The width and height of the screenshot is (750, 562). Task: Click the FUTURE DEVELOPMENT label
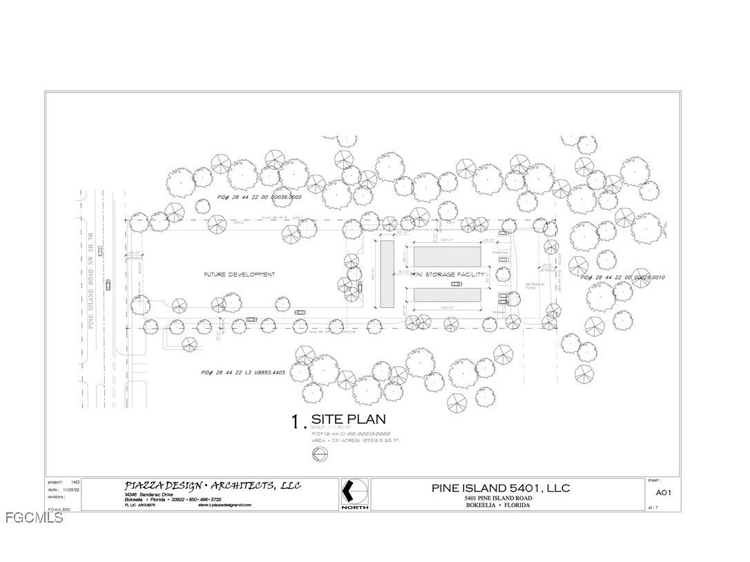click(x=239, y=275)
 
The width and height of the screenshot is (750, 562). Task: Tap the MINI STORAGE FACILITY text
click(x=445, y=275)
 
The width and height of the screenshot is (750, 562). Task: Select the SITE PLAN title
click(x=348, y=419)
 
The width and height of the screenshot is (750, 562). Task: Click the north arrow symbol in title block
click(x=354, y=492)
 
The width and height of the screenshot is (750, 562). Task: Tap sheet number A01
click(x=663, y=493)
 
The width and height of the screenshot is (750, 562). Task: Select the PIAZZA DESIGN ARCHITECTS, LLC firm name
click(x=212, y=486)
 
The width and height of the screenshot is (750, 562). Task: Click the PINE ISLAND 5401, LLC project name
click(x=501, y=487)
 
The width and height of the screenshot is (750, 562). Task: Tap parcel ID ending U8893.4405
click(x=243, y=373)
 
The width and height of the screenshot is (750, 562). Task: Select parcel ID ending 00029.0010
click(x=622, y=278)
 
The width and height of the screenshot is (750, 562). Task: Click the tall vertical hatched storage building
click(x=387, y=274)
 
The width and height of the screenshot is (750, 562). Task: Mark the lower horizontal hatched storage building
click(x=447, y=295)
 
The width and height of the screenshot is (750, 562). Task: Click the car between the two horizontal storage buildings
click(x=456, y=284)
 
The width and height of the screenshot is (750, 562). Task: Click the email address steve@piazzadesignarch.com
click(x=224, y=505)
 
